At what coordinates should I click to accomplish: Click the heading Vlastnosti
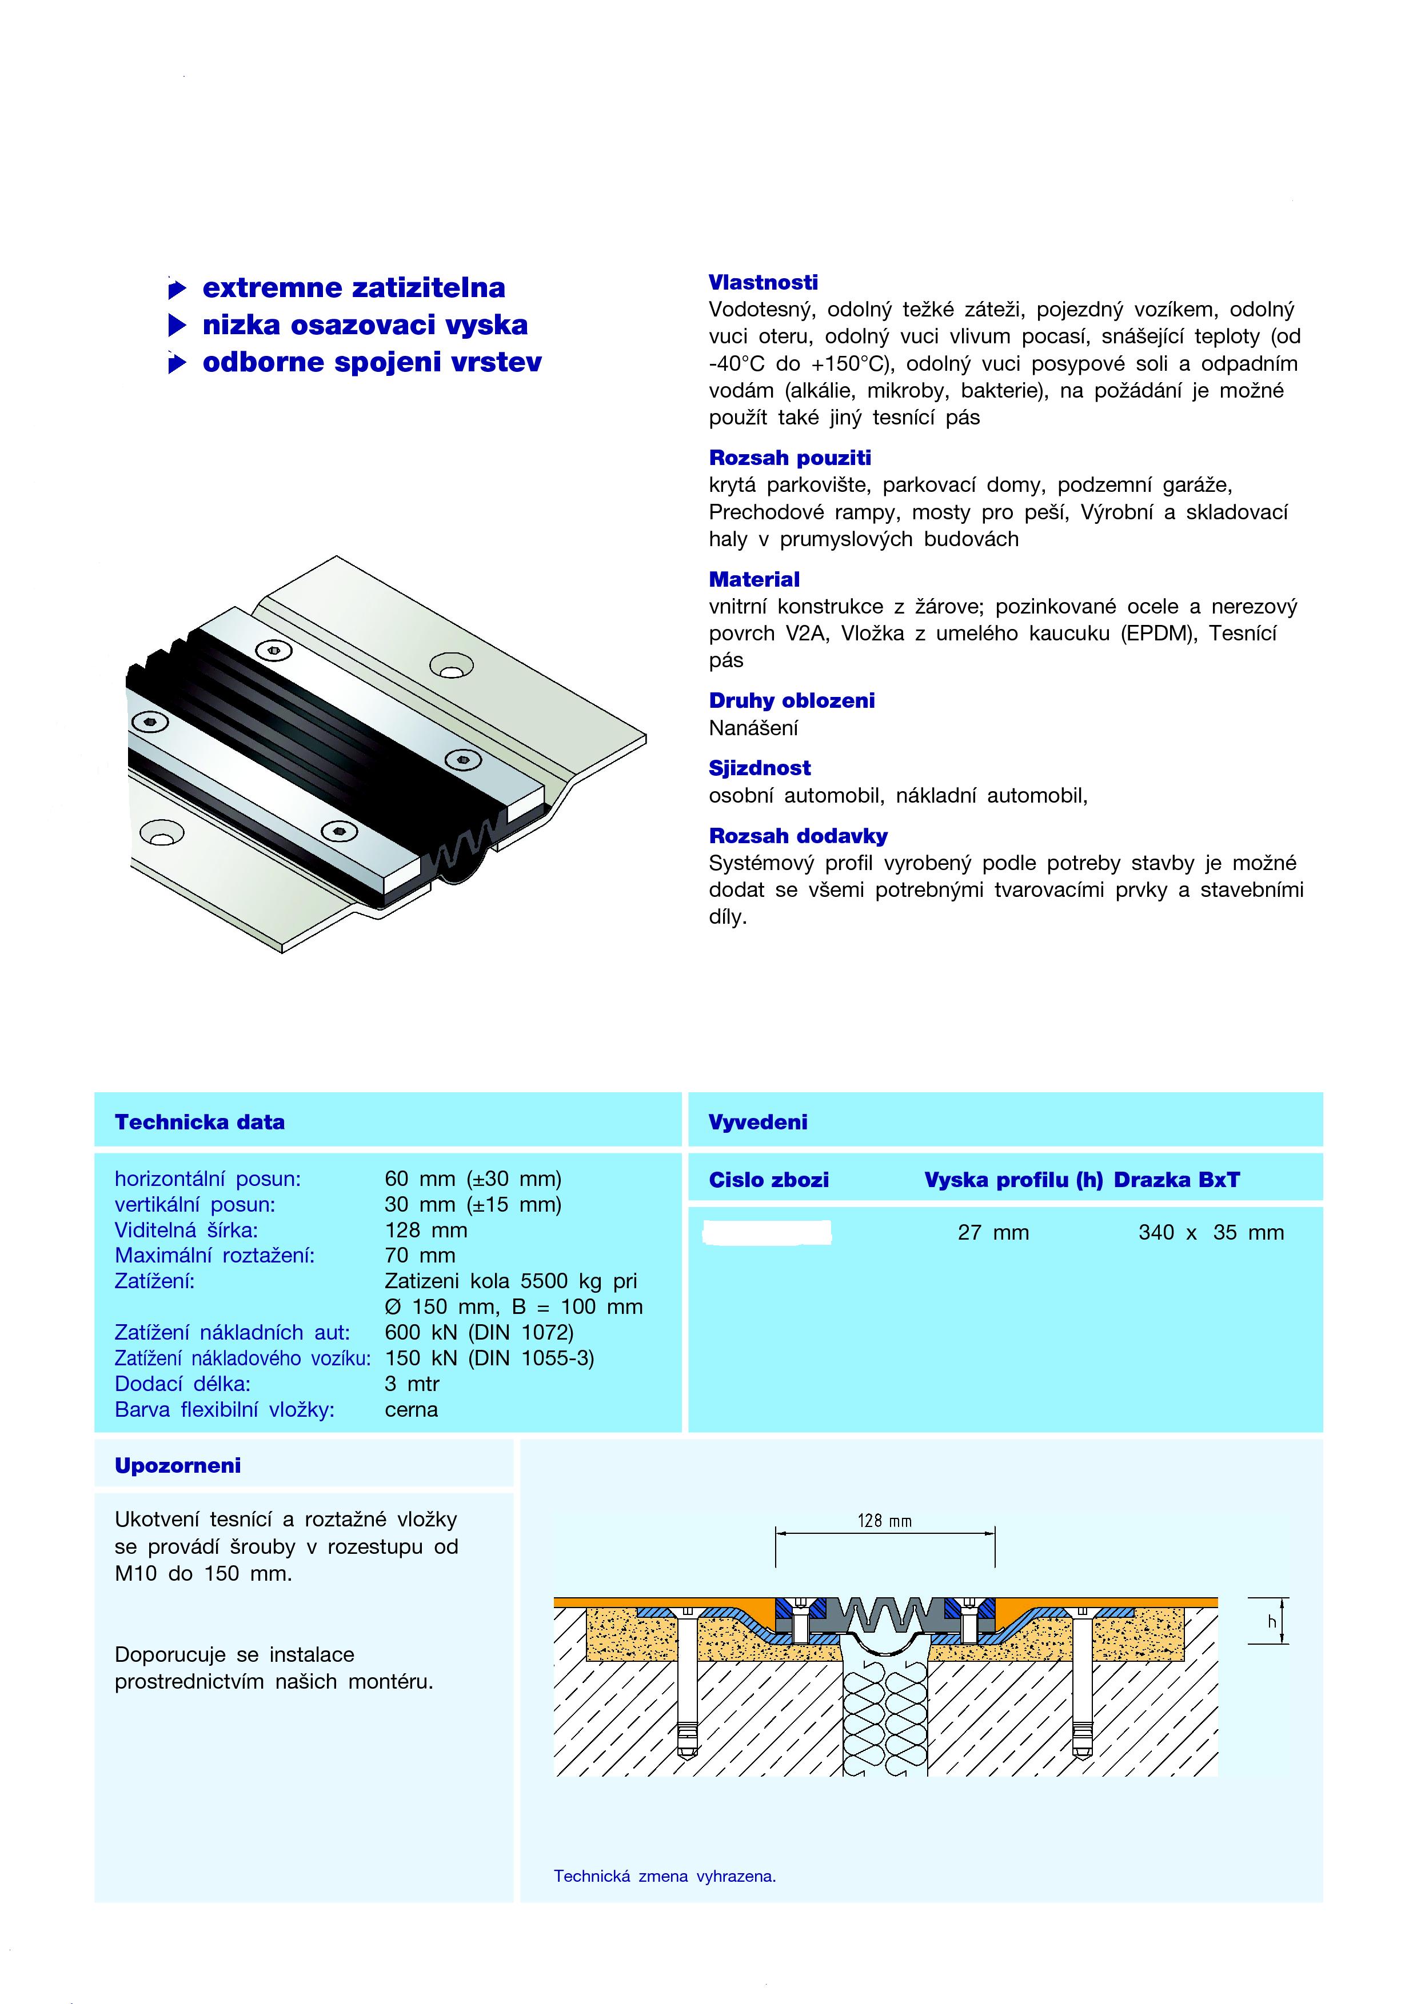pyautogui.click(x=763, y=282)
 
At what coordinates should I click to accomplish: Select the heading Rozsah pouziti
pyautogui.click(x=789, y=458)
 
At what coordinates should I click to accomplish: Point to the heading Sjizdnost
pyautogui.click(x=760, y=768)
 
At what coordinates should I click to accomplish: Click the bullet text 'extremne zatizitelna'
pyautogui.click(x=354, y=287)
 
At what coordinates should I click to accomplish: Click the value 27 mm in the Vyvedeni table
pyautogui.click(x=993, y=1232)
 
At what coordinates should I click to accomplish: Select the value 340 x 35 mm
pyautogui.click(x=1211, y=1232)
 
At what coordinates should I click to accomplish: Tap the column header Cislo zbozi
pyautogui.click(x=768, y=1180)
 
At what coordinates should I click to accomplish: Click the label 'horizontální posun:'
pyautogui.click(x=208, y=1179)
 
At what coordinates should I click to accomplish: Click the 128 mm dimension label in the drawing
pyautogui.click(x=884, y=1521)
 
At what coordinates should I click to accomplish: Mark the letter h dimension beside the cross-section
pyautogui.click(x=1272, y=1622)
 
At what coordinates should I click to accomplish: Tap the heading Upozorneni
pyautogui.click(x=177, y=1465)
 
